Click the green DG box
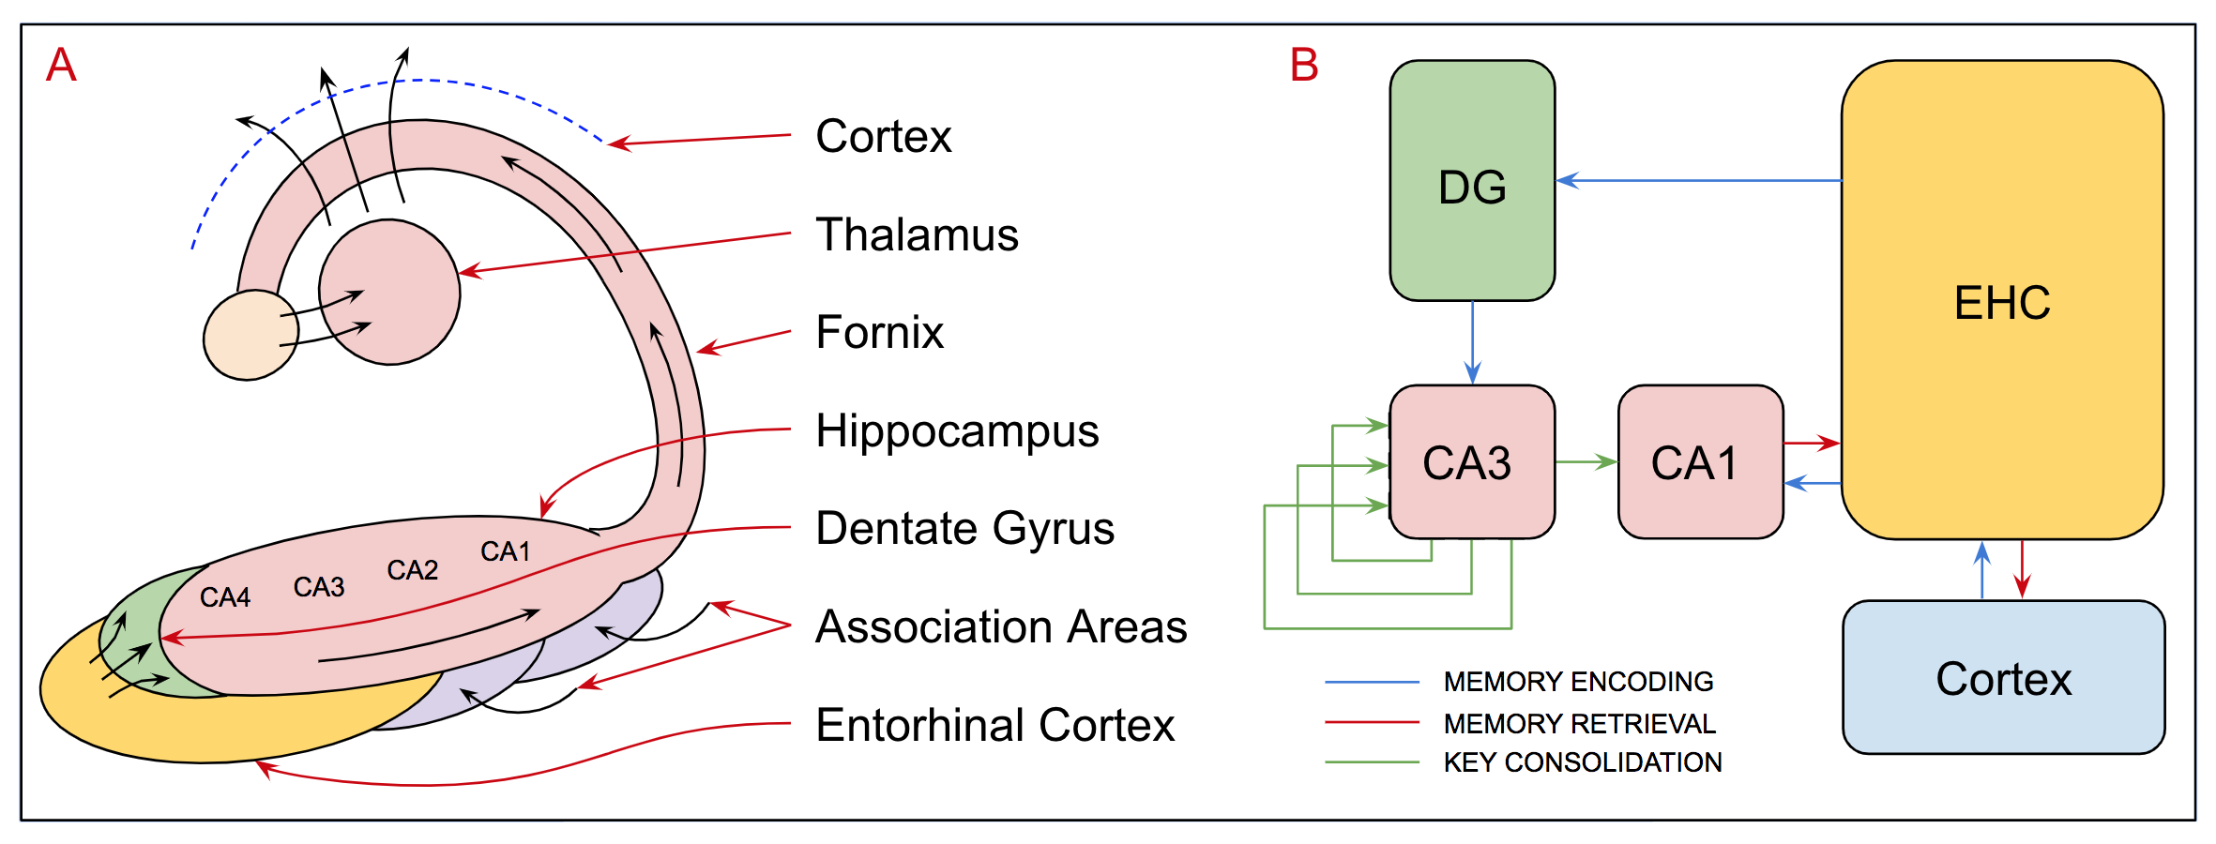point(1472,181)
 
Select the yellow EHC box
point(2002,300)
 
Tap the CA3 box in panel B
point(1471,462)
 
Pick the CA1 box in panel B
point(1700,462)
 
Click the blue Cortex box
point(2003,678)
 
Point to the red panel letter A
point(62,66)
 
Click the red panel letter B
point(1304,66)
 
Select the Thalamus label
point(917,234)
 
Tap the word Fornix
point(879,332)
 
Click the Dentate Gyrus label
point(964,528)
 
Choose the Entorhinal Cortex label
point(994,725)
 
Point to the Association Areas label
point(1001,626)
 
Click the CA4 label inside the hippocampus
point(225,597)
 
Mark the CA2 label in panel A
point(413,570)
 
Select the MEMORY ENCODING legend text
point(1578,682)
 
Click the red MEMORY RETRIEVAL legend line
point(1372,723)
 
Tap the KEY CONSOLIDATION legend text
point(1583,762)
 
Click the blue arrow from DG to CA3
point(1472,342)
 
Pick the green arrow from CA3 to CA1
point(1586,461)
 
